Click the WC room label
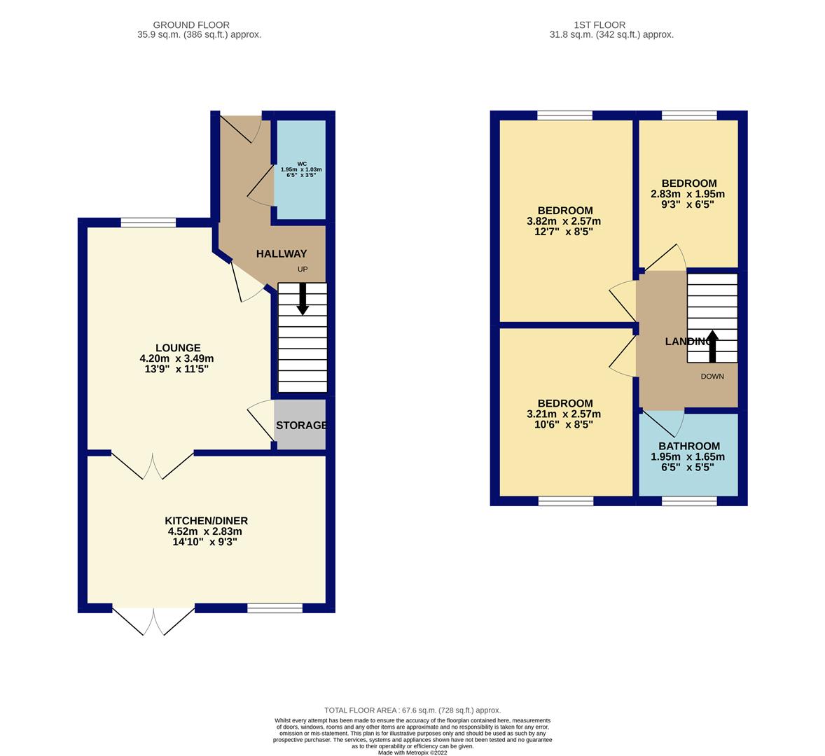(302, 164)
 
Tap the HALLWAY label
(282, 254)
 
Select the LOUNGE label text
(178, 348)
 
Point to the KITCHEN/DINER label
(206, 521)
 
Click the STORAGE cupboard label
(301, 426)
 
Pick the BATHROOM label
(689, 447)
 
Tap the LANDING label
(688, 342)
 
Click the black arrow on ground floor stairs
(303, 299)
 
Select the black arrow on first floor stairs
(712, 346)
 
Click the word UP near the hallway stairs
(303, 269)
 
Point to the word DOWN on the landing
(712, 377)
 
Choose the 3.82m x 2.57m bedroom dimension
(564, 221)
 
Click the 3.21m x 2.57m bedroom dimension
(564, 414)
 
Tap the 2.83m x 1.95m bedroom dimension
(688, 194)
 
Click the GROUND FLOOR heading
(191, 24)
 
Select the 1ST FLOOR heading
(599, 24)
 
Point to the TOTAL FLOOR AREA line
(412, 710)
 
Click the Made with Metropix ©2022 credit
(412, 752)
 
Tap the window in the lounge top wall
(148, 223)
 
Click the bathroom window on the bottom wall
(689, 501)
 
